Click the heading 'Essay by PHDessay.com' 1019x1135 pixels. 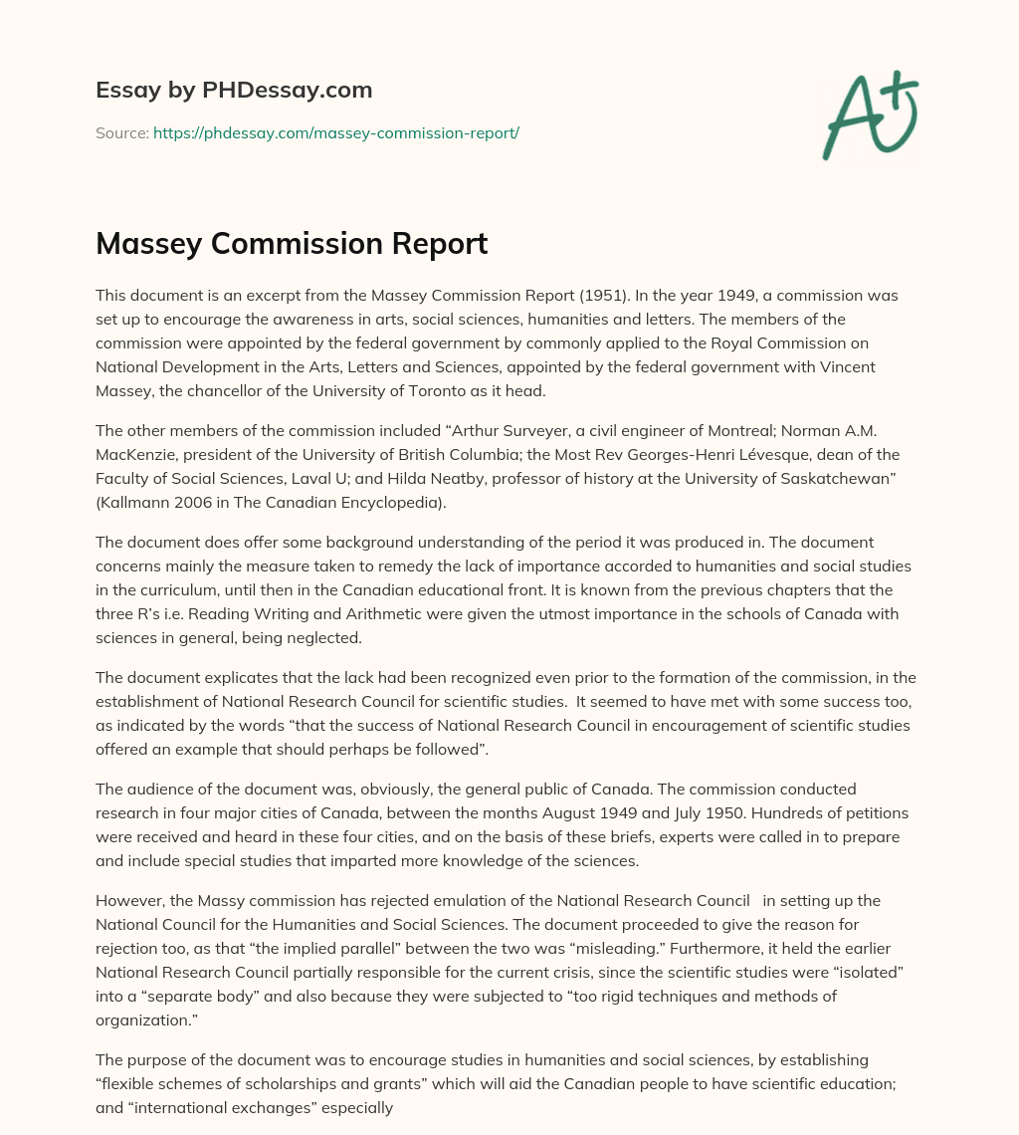click(x=234, y=91)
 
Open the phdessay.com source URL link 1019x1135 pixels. click(x=336, y=132)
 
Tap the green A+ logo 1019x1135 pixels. click(x=870, y=114)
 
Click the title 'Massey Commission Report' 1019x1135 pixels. click(x=292, y=244)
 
